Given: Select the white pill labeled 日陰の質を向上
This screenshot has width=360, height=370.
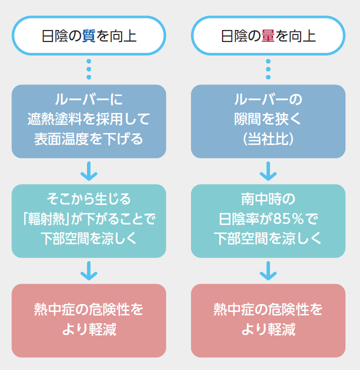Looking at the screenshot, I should (88, 36).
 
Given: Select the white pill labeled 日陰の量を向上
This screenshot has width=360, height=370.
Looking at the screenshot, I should (268, 36).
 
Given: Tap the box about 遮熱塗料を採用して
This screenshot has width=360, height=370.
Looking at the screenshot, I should (88, 121).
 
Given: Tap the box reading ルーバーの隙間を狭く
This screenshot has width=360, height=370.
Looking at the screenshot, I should (268, 121).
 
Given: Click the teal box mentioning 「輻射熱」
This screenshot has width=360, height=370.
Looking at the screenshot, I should (88, 220).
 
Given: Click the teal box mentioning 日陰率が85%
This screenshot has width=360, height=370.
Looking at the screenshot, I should (268, 220).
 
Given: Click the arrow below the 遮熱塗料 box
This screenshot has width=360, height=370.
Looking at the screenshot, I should (88, 171).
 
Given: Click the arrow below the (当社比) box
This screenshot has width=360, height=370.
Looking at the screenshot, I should (268, 171).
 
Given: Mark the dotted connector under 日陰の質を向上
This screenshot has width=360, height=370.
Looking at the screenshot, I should (88, 69).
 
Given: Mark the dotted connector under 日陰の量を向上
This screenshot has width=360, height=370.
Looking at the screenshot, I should (268, 69).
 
